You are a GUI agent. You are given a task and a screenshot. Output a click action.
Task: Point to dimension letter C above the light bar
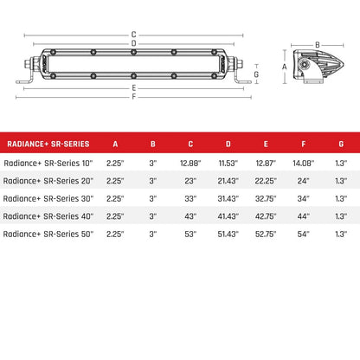pyautogui.click(x=133, y=35)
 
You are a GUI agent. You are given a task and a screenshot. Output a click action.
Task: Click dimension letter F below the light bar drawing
pyautogui.click(x=133, y=96)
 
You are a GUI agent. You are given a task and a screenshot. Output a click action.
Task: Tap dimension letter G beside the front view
pyautogui.click(x=255, y=74)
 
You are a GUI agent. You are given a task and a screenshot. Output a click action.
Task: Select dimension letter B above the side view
pyautogui.click(x=318, y=44)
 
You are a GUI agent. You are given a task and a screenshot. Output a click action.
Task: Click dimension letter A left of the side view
pyautogui.click(x=285, y=66)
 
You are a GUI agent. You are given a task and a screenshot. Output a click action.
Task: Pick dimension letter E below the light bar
pyautogui.click(x=133, y=88)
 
